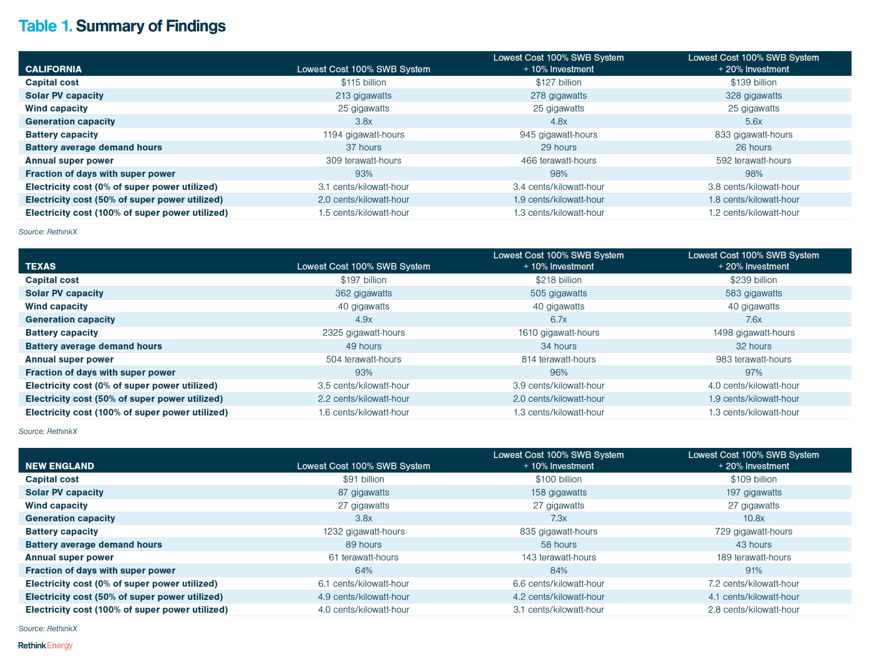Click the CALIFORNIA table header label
(53, 69)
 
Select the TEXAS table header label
(40, 266)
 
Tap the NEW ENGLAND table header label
(60, 466)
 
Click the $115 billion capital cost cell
(363, 82)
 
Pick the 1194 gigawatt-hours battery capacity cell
(363, 134)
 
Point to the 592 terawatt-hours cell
(753, 161)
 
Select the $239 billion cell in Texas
(753, 280)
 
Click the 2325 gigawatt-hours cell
(363, 332)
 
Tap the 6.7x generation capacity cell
(558, 319)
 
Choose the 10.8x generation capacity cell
(753, 518)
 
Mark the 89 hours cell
(363, 544)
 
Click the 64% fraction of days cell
(363, 570)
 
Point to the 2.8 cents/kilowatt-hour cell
(753, 610)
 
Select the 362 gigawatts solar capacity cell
(363, 293)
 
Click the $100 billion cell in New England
(558, 479)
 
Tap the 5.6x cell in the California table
(753, 121)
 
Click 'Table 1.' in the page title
(45, 26)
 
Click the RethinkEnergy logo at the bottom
(45, 645)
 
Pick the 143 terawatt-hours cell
(558, 557)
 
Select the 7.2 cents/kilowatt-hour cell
(753, 583)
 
